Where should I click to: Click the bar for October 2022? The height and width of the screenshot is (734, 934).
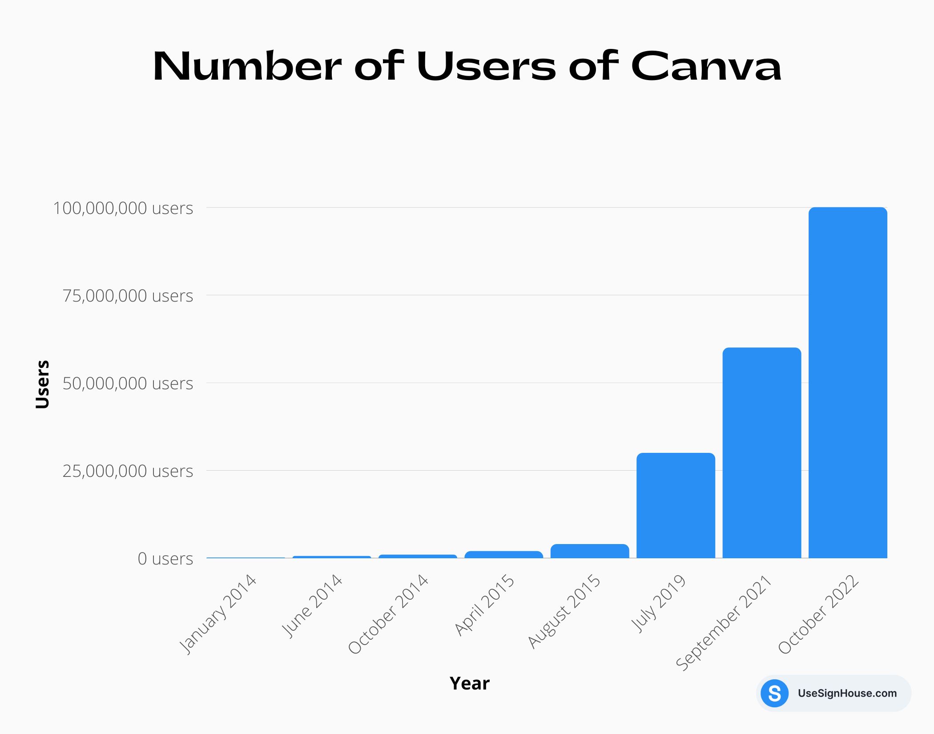[x=848, y=383]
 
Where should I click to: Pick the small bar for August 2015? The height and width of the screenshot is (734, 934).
[x=590, y=551]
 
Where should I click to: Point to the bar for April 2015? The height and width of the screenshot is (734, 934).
[x=503, y=555]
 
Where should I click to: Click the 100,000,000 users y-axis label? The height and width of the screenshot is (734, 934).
[x=123, y=208]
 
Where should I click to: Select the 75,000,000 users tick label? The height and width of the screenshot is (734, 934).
[x=128, y=296]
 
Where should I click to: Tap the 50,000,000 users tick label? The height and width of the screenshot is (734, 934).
[x=128, y=383]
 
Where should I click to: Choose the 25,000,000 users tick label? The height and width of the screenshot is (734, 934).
[x=128, y=471]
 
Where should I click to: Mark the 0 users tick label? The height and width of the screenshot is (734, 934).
[x=165, y=559]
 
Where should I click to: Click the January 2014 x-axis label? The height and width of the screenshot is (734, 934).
[x=218, y=614]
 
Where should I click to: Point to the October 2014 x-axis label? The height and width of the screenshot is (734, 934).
[x=388, y=614]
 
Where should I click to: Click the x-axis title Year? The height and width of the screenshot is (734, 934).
[x=469, y=683]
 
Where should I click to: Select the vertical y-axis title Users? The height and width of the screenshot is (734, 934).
[x=42, y=384]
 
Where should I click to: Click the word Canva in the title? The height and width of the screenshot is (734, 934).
[x=706, y=67]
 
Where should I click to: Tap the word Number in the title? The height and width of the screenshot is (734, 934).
[x=247, y=67]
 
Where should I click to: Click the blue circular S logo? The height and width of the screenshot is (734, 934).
[x=774, y=693]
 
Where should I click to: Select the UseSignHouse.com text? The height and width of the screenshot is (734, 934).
[x=847, y=693]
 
